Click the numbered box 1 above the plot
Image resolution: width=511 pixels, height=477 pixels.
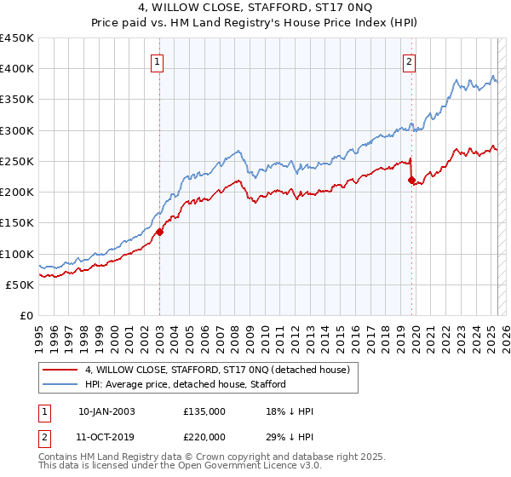158,60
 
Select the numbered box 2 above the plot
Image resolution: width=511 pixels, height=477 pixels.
409,60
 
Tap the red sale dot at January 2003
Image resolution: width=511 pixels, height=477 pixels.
159,230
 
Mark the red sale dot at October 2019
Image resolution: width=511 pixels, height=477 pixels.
411,180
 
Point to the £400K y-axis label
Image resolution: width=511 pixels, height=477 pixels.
18,69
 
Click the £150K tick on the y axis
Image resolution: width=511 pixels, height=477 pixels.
18,223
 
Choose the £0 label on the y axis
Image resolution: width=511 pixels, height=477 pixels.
27,315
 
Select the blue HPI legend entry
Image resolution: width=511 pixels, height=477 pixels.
186,384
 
